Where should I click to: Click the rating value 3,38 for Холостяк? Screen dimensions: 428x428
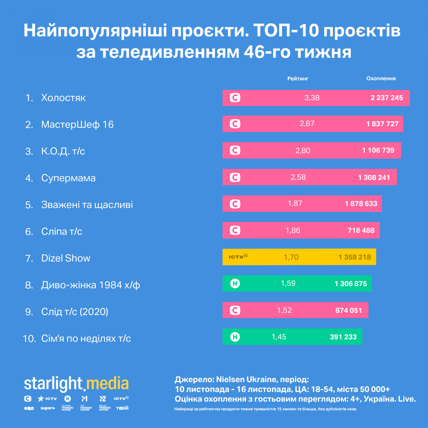pyautogui.click(x=312, y=98)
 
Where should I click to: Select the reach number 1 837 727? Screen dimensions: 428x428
pyautogui.click(x=382, y=124)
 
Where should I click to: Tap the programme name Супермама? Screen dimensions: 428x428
pyautogui.click(x=68, y=178)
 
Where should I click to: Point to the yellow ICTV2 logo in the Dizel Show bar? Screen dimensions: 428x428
pyautogui.click(x=238, y=256)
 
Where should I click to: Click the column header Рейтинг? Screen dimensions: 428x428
pyautogui.click(x=298, y=78)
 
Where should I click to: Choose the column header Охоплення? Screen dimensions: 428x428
pyautogui.click(x=381, y=78)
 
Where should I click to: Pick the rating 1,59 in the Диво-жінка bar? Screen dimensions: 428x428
pyautogui.click(x=288, y=284)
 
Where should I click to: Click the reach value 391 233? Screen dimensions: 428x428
pyautogui.click(x=343, y=337)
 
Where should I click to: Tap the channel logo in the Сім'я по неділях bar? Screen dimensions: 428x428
pyautogui.click(x=235, y=337)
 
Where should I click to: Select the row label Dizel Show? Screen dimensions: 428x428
pyautogui.click(x=66, y=258)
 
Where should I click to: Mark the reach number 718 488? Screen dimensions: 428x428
pyautogui.click(x=361, y=230)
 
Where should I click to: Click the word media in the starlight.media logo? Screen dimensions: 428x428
pyautogui.click(x=107, y=384)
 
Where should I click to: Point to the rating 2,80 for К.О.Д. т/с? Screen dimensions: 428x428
pyautogui.click(x=302, y=151)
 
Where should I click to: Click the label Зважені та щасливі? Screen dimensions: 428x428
pyautogui.click(x=87, y=205)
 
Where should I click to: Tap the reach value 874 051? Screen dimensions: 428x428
pyautogui.click(x=348, y=310)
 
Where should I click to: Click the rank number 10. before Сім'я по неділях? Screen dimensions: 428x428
pyautogui.click(x=29, y=338)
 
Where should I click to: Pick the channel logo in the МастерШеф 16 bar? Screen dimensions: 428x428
pyautogui.click(x=235, y=124)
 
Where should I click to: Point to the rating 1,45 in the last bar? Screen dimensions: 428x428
pyautogui.click(x=279, y=337)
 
